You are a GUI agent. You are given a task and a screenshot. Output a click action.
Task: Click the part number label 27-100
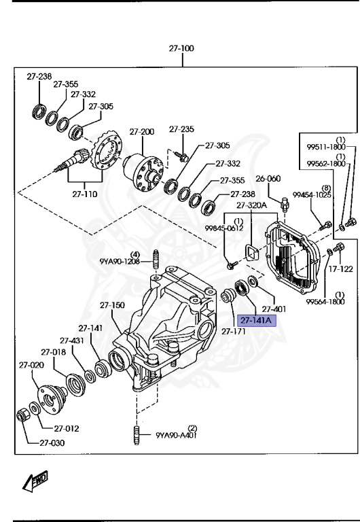181,49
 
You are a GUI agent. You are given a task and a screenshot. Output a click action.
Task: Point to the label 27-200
143,131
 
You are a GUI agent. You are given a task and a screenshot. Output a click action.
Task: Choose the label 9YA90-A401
177,436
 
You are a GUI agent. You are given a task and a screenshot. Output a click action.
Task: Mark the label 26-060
268,179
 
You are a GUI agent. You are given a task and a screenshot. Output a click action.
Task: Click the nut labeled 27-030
22,414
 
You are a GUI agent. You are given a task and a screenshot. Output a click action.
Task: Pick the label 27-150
113,305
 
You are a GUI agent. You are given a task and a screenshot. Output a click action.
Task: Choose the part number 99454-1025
312,194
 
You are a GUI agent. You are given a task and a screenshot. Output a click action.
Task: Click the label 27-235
181,128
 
